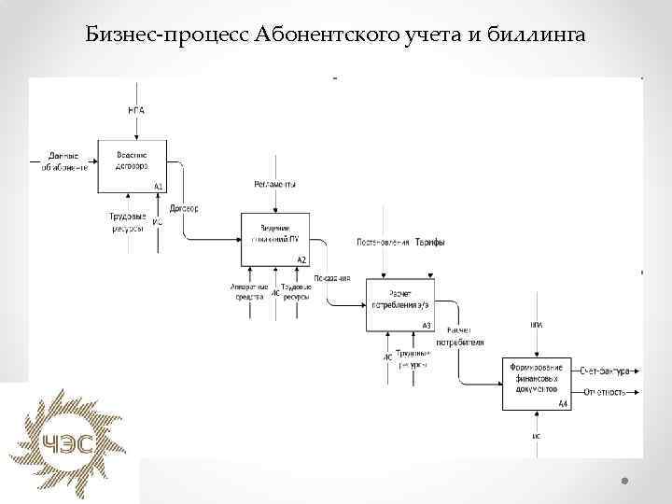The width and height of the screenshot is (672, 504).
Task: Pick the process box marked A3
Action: click(399, 303)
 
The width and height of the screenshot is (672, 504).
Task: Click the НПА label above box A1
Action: click(136, 110)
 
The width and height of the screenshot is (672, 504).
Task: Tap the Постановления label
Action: click(383, 243)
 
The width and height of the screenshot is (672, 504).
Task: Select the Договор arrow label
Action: click(183, 208)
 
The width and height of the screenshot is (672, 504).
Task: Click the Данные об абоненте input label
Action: click(63, 161)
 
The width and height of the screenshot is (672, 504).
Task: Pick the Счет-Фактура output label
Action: click(604, 371)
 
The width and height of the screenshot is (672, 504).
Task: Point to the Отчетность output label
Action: click(604, 391)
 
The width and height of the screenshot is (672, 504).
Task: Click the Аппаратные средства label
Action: click(249, 291)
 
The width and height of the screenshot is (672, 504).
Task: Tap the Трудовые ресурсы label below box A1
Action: click(128, 222)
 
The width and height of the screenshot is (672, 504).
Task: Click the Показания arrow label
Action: click(332, 278)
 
